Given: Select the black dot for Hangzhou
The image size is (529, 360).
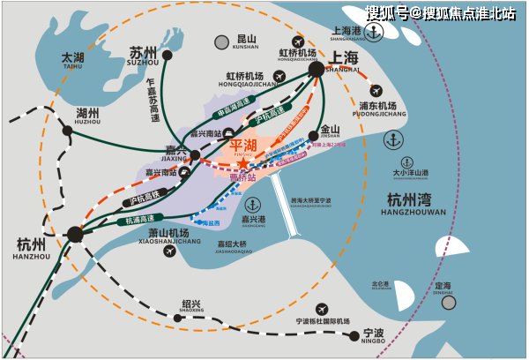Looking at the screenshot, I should (x=75, y=234).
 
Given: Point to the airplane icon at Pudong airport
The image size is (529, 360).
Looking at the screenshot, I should (x=377, y=91).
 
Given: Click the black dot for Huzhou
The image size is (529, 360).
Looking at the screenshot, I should (x=68, y=130).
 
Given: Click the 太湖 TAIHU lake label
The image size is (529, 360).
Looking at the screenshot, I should (x=72, y=59).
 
